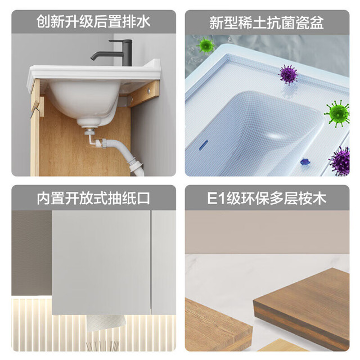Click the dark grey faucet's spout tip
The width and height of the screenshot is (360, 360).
tap(92, 58)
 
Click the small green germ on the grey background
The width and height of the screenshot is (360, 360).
tap(206, 46)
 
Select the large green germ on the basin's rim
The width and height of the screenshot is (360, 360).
tap(337, 113)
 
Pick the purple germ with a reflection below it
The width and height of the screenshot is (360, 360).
tap(289, 75)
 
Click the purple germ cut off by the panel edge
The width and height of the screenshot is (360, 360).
tap(340, 161)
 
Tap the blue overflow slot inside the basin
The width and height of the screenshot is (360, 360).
tap(204, 145)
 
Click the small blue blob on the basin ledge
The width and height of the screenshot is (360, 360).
tap(305, 161)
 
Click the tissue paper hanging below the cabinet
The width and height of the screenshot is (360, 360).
tap(106, 322)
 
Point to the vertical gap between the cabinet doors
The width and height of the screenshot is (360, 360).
tap(151, 262)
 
